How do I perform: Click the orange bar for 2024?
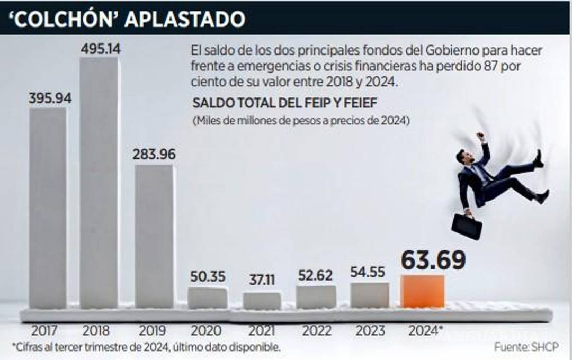(422, 291)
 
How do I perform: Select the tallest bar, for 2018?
(99, 183)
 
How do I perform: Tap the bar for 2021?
(262, 301)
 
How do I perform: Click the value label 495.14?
(101, 49)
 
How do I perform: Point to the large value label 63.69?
(433, 260)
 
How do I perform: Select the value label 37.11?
(262, 280)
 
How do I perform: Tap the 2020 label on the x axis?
(207, 331)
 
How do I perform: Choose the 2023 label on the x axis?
(370, 331)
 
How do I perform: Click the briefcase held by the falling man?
(467, 227)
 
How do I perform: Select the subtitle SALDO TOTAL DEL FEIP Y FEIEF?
(284, 103)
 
